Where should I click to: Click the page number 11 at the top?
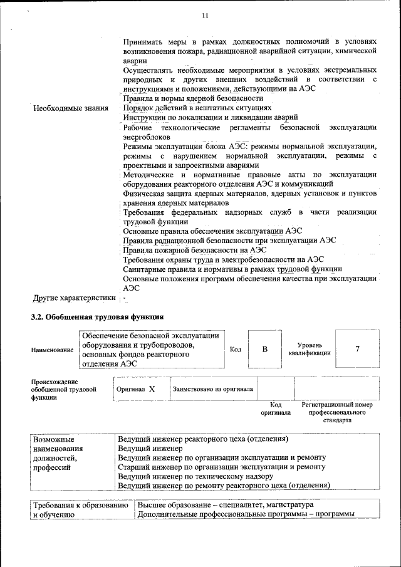click(x=205, y=15)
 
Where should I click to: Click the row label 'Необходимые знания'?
click(x=70, y=108)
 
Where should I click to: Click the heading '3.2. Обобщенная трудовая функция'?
click(x=98, y=317)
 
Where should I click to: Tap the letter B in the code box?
click(x=265, y=349)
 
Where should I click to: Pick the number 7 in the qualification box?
click(x=357, y=349)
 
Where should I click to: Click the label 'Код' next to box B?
click(x=236, y=350)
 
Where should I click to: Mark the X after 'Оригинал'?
click(x=151, y=389)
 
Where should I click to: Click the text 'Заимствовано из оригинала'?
click(x=212, y=389)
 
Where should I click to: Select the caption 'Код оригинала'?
click(x=276, y=409)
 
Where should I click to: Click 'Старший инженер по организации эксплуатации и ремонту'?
click(x=222, y=467)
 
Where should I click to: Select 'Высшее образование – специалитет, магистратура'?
click(x=226, y=505)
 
